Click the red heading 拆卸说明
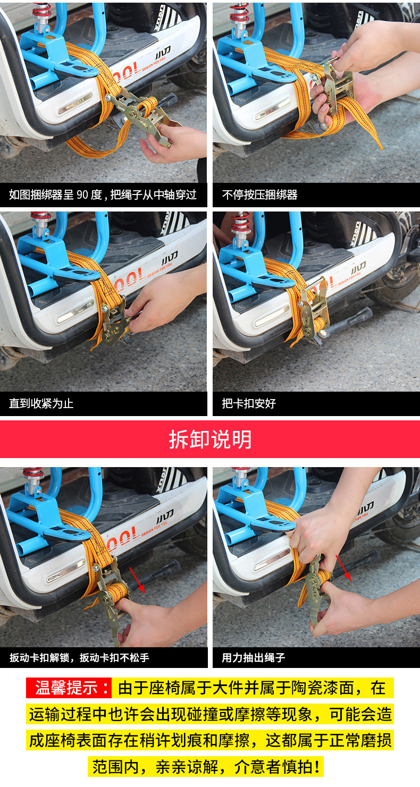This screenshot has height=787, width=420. coord(210,439)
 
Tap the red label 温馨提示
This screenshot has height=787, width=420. coord(69,688)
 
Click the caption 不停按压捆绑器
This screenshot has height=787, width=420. coord(260,194)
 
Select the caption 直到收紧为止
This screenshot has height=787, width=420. coord(41,403)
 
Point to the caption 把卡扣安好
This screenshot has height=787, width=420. coord(249,403)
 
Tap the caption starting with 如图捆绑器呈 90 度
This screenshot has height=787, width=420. coord(103,194)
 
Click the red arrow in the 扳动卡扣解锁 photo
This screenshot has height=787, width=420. coord(137,580)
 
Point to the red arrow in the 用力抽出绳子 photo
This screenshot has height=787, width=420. coord(343,568)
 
